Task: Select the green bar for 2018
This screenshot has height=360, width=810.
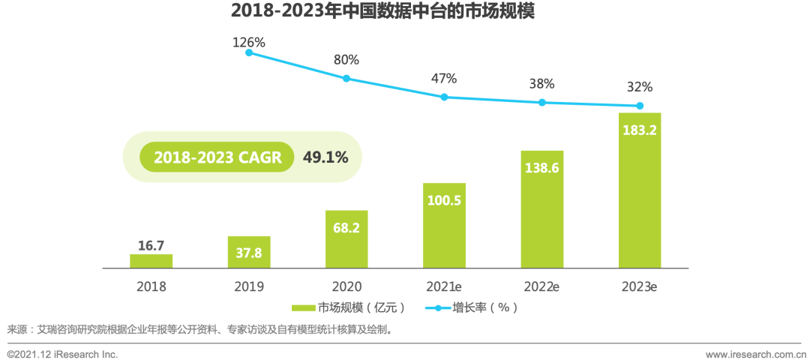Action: coord(151,261)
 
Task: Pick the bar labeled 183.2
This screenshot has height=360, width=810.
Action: coord(640,190)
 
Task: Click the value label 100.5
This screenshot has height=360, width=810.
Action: coord(444,201)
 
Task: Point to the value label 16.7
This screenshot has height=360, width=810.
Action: coord(151,245)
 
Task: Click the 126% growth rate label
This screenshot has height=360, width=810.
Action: coord(248,43)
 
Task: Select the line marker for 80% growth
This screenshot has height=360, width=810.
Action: coord(346,78)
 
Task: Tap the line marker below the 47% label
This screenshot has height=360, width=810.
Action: coord(444,97)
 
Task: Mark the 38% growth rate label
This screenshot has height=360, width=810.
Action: coord(541,84)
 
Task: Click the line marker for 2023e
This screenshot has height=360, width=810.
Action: coord(640,106)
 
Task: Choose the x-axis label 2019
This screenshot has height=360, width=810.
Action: coord(248,286)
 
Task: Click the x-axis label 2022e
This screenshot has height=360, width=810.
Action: coord(541,286)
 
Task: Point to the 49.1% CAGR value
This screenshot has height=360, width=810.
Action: coord(325,157)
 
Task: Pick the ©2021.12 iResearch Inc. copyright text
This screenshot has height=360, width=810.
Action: coord(62,353)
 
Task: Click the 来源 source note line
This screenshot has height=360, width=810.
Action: coord(199,329)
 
